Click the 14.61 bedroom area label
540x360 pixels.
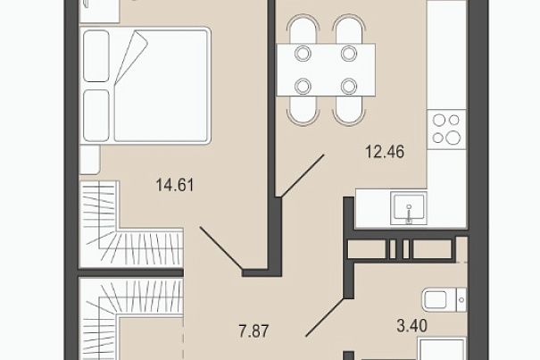coord(175,185)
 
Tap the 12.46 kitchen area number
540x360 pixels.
coord(385,152)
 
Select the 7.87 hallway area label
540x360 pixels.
coord(253,331)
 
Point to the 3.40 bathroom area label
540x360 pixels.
coord(411,326)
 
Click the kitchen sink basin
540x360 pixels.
coord(409,209)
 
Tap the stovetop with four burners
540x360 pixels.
coord(446,130)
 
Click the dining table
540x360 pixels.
coord(326,70)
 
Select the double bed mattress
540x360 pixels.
coord(145,85)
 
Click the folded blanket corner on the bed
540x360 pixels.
coord(131,57)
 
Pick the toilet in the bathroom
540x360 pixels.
coord(444,299)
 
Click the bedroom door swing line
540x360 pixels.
coord(221,247)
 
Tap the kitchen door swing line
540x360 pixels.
coord(303,176)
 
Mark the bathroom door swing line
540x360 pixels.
coord(325,317)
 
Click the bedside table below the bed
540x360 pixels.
coord(90,159)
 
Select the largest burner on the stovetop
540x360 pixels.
coord(453,138)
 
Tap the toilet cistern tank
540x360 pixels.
coord(461,299)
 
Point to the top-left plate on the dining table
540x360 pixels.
coord(303,54)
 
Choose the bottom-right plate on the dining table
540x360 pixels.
coord(349,87)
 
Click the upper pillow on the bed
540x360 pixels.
coord(96,56)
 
